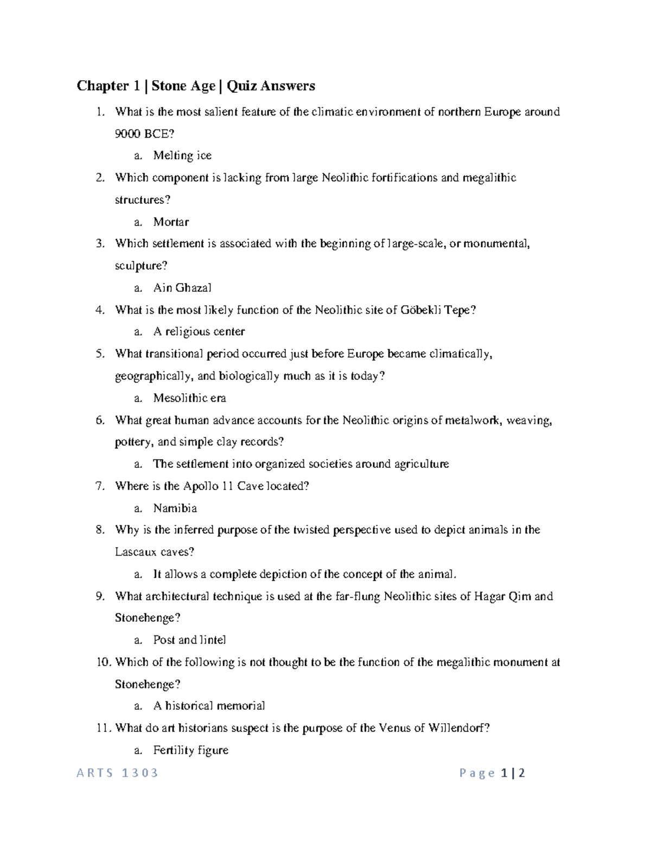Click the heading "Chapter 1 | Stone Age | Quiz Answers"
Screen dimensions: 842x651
point(196,86)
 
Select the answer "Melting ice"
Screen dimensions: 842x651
point(182,156)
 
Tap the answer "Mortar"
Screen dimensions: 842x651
point(171,222)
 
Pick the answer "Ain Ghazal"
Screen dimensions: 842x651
point(182,288)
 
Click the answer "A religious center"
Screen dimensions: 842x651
point(199,331)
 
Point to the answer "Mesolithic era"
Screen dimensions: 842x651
point(189,398)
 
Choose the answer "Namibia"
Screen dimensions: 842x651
point(175,508)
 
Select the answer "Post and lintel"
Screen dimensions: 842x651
point(189,640)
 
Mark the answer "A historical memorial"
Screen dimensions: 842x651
point(209,706)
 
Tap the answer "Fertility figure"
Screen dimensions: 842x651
point(190,750)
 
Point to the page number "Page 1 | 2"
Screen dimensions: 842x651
point(492,773)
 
